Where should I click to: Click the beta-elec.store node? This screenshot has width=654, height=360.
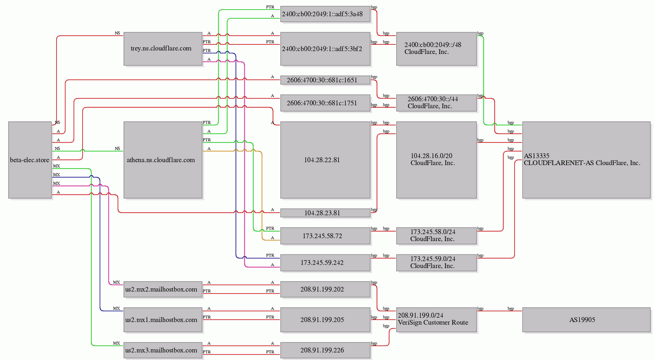point(30,160)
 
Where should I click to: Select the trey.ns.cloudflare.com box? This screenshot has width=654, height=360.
point(163,49)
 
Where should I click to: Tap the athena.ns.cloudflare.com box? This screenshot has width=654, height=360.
point(163,160)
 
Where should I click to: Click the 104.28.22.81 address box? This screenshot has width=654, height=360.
point(326,160)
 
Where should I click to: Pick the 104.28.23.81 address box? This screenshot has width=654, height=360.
point(326,213)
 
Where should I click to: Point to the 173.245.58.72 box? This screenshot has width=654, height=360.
point(326,236)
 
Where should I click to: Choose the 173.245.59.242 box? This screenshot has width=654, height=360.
point(326,263)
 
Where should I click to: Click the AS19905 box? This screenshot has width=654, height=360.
point(586,320)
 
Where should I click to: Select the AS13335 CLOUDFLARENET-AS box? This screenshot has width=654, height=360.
point(586,160)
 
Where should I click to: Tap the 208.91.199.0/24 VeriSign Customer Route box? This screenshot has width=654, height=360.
point(436,320)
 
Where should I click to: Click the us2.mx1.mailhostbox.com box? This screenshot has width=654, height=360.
point(163,320)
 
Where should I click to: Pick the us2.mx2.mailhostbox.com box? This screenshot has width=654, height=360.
point(163,289)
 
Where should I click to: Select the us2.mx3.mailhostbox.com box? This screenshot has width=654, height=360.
point(163,350)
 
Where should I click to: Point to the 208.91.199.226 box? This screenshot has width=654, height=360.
point(326,350)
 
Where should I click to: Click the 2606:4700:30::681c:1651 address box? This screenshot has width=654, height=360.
point(326,80)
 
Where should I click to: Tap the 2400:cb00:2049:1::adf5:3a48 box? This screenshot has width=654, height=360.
point(326,14)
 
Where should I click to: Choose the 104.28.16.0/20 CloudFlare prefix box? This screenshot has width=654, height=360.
point(436,160)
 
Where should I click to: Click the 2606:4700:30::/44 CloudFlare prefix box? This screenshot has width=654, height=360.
point(436,103)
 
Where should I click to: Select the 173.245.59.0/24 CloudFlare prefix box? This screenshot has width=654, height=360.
point(436,263)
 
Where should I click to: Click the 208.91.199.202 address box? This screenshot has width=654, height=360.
point(326,289)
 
